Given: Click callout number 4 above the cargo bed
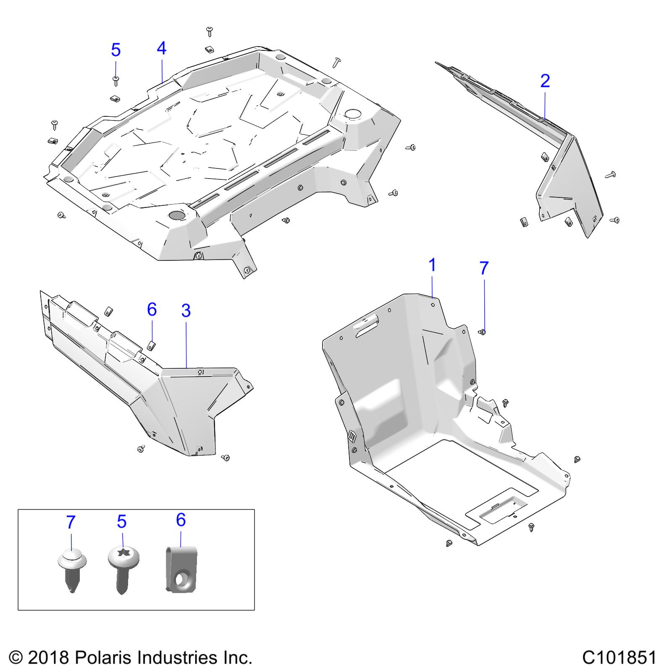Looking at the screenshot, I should pos(161,49).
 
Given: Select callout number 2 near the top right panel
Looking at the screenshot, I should pos(545,81).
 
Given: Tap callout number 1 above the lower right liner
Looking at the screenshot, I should pos(432,266).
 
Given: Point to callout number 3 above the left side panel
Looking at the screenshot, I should pos(186,311).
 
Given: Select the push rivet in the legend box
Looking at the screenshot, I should pos(72,571).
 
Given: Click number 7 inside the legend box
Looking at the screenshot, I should pos(71,522).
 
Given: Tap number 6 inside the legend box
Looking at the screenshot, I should pos(181,520).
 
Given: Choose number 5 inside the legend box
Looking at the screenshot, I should pos(122,522).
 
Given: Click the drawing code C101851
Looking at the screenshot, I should pos(619,657).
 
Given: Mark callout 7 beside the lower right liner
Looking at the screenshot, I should pos(484,268).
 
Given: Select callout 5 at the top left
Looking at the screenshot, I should pos(115,50).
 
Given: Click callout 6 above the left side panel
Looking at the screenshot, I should pos(152,310).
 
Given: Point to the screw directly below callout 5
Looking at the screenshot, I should pos(115,80).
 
